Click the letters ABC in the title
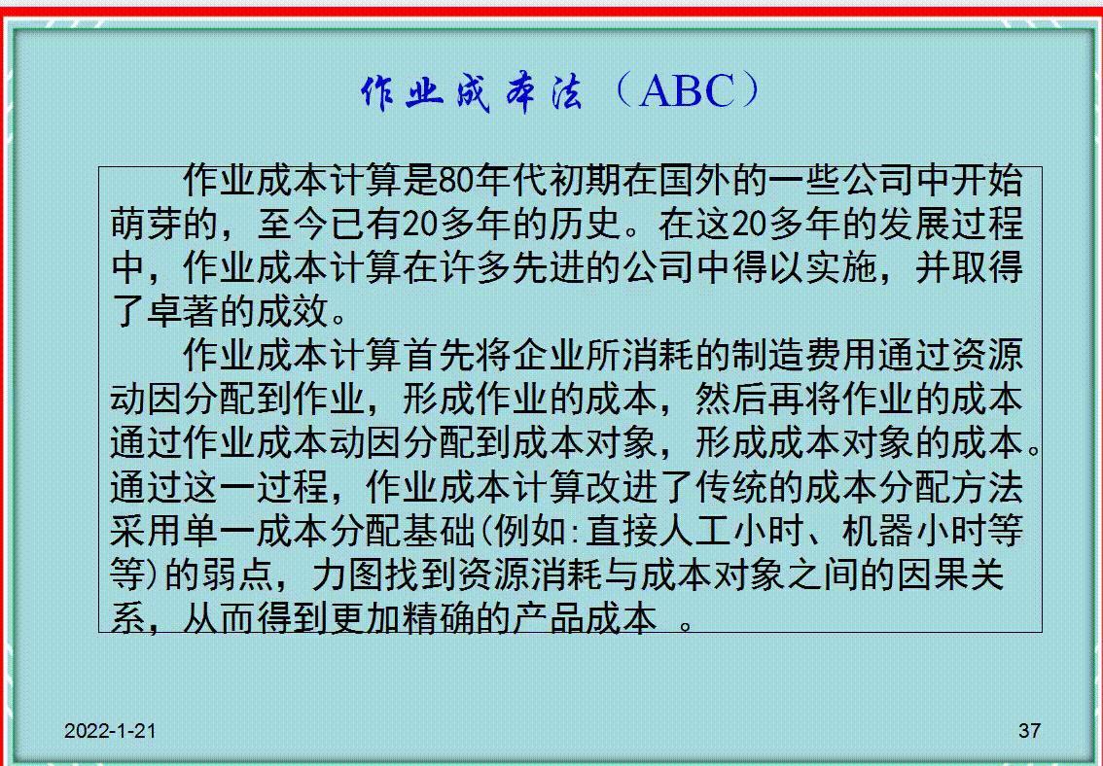pyautogui.click(x=688, y=90)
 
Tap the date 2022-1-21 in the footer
pyautogui.click(x=110, y=731)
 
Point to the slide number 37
pyautogui.click(x=1029, y=731)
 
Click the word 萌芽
pyautogui.click(x=147, y=225)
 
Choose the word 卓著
pyautogui.click(x=184, y=311)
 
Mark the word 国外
pyautogui.click(x=695, y=181)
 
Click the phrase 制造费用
pyautogui.click(x=804, y=355)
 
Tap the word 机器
pyautogui.click(x=878, y=531)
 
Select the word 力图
pyautogui.click(x=348, y=574)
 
